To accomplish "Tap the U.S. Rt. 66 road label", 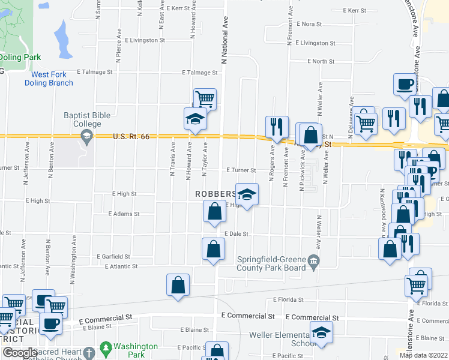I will click(130, 137).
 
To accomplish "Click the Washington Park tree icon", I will click(106, 348).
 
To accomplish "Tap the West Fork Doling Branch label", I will click(49, 79).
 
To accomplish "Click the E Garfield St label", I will click(112, 256).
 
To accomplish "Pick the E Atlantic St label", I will click(121, 266).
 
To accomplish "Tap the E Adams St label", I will click(124, 214).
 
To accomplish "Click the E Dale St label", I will click(236, 233).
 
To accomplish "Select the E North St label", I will click(321, 61).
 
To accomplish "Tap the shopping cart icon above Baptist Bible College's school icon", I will click(205, 97).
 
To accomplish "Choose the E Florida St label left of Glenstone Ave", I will click(288, 299).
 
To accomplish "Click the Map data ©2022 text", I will click(423, 355).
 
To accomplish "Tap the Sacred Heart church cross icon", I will click(89, 353).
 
